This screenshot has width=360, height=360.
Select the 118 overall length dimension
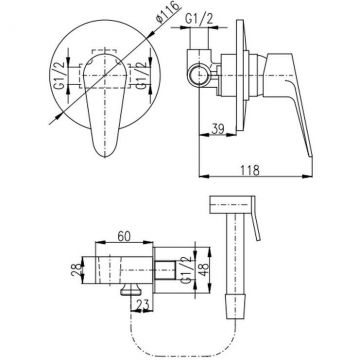(251, 170)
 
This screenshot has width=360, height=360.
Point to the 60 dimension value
(123, 236)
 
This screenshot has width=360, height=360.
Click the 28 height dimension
(78, 270)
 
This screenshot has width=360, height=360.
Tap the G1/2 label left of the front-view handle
(60, 76)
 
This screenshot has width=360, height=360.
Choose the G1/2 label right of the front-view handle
(142, 76)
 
